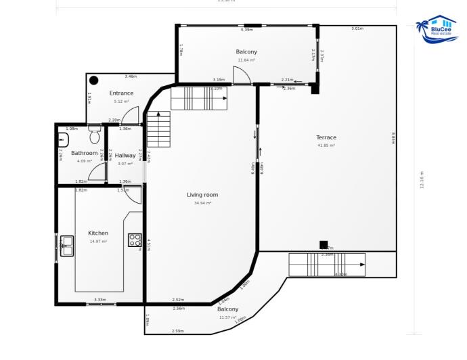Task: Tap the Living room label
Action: pos(202,195)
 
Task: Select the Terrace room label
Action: pos(326,137)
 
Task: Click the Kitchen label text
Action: pos(98,233)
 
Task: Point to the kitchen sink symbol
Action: pos(66,245)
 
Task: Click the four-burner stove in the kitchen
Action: pos(135,240)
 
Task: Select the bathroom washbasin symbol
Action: pos(63,139)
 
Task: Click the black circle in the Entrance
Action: pos(94,81)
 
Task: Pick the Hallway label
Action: pos(125,155)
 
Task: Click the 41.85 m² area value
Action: pos(326,145)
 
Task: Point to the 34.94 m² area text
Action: pos(202,203)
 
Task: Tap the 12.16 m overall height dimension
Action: pos(422,180)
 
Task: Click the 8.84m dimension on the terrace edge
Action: pos(393,138)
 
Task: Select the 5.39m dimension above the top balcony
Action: pos(246,30)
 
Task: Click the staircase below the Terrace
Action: pos(326,265)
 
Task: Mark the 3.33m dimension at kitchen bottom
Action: pos(99,300)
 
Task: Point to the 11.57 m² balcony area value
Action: pos(227,317)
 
